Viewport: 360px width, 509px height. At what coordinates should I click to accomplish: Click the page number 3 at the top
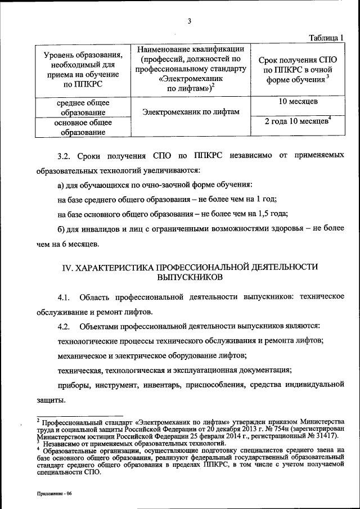pyautogui.click(x=190, y=22)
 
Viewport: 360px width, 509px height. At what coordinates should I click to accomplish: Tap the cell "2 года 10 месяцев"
pyautogui.click(x=296, y=121)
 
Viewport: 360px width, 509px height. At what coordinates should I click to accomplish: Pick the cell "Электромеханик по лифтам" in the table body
pyautogui.click(x=191, y=112)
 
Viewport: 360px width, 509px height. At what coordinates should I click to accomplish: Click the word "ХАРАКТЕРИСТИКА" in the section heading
pyautogui.click(x=113, y=267)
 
